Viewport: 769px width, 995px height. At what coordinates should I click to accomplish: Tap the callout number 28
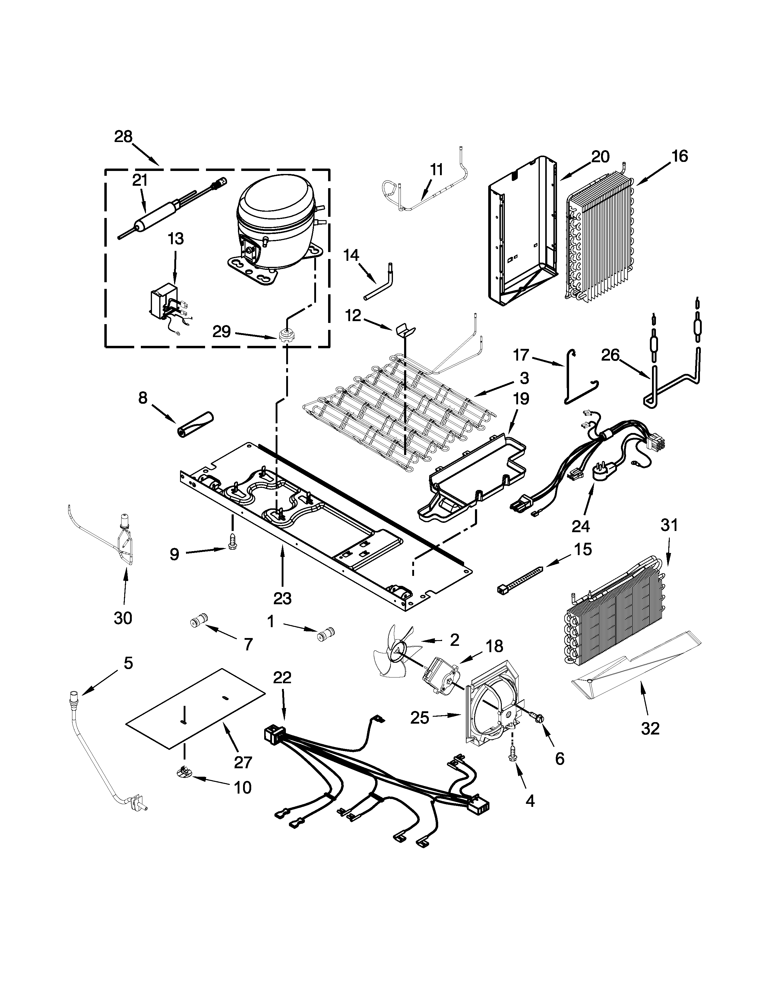pos(123,137)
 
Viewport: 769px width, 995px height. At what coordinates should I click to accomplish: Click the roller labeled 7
pos(199,621)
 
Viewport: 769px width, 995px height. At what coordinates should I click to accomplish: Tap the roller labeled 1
pos(326,634)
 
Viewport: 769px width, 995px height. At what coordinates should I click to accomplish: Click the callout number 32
pos(650,729)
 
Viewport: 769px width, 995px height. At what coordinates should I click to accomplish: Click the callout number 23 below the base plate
pos(283,598)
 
